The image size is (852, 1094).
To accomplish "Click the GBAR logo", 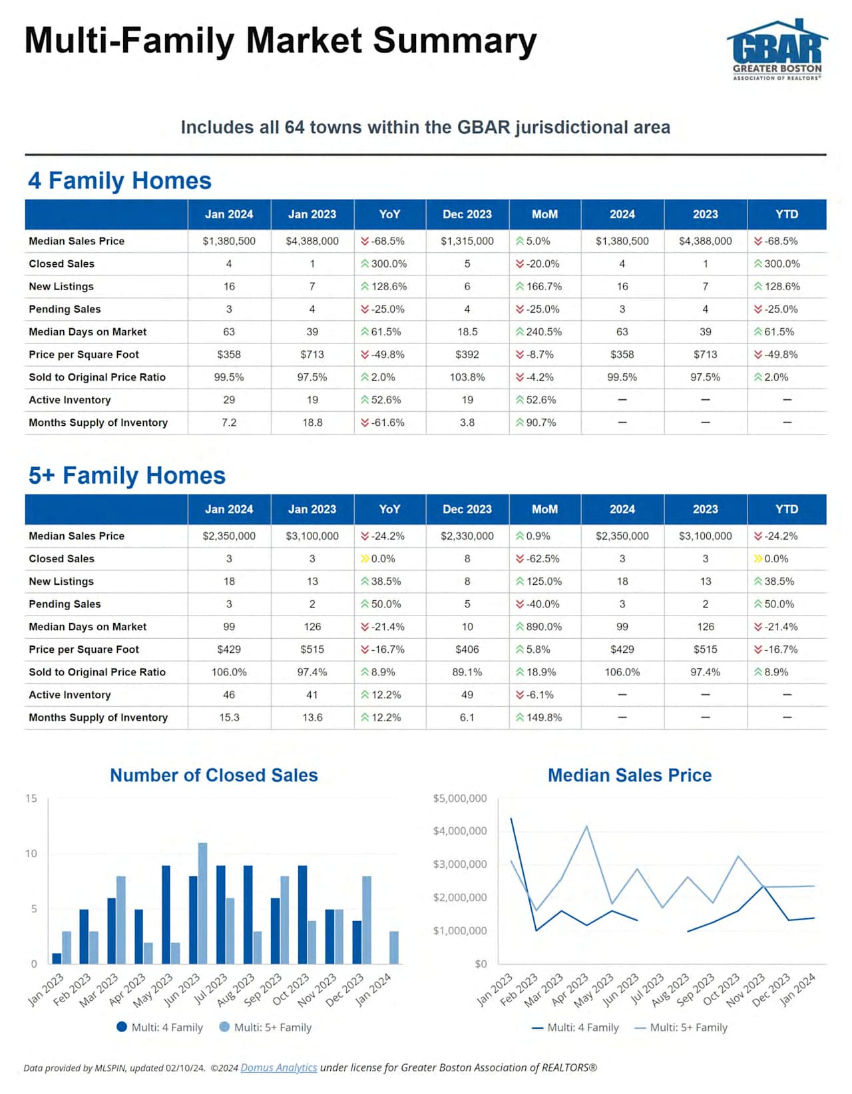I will click(777, 51).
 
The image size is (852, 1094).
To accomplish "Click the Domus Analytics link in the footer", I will click(278, 1067).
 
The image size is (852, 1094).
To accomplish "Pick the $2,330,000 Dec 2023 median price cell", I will click(467, 536).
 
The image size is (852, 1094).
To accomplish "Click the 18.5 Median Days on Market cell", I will click(467, 331).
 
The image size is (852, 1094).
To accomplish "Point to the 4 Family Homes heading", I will click(120, 180).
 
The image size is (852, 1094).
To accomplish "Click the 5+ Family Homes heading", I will click(127, 476).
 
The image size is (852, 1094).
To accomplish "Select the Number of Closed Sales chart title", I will click(214, 775).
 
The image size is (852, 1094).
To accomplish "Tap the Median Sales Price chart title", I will click(629, 775).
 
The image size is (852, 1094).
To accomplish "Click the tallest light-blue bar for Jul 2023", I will click(202, 903).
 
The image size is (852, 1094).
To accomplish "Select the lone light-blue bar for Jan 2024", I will click(394, 947).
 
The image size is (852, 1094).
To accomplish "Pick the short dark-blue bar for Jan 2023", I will click(57, 958).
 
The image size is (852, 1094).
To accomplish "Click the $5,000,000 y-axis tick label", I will click(459, 798).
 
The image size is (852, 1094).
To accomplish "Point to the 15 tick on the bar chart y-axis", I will click(31, 798).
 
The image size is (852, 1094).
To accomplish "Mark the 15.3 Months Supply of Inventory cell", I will click(229, 717).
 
